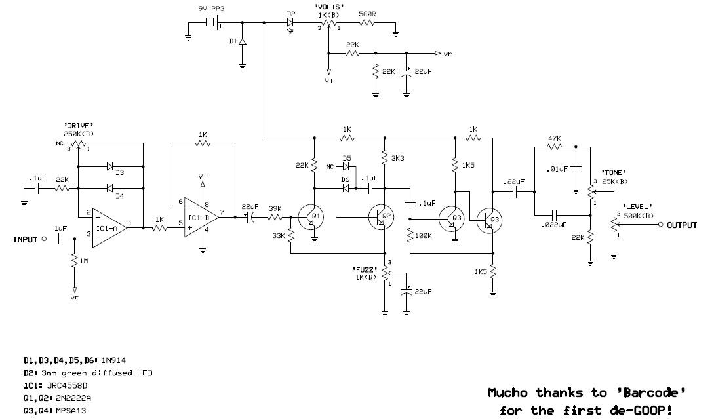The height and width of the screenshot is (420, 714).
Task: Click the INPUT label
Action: click(x=25, y=239)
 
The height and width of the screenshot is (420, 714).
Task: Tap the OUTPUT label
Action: click(x=682, y=225)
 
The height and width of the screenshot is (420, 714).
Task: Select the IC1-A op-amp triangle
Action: click(x=109, y=228)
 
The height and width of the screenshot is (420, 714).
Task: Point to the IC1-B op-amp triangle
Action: click(x=201, y=217)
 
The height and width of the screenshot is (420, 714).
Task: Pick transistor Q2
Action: click(x=382, y=217)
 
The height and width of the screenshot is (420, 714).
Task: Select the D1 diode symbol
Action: click(x=242, y=41)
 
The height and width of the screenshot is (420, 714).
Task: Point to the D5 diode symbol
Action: click(x=347, y=166)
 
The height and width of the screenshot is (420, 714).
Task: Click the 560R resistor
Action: click(x=367, y=22)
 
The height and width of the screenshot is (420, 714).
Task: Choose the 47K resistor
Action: click(x=555, y=147)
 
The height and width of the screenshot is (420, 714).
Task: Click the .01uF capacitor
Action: click(x=576, y=168)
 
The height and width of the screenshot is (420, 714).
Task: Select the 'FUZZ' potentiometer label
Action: click(x=365, y=269)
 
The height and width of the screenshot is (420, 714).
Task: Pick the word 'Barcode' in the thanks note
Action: click(x=651, y=392)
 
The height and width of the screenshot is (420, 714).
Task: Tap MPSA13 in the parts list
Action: click(x=71, y=411)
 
